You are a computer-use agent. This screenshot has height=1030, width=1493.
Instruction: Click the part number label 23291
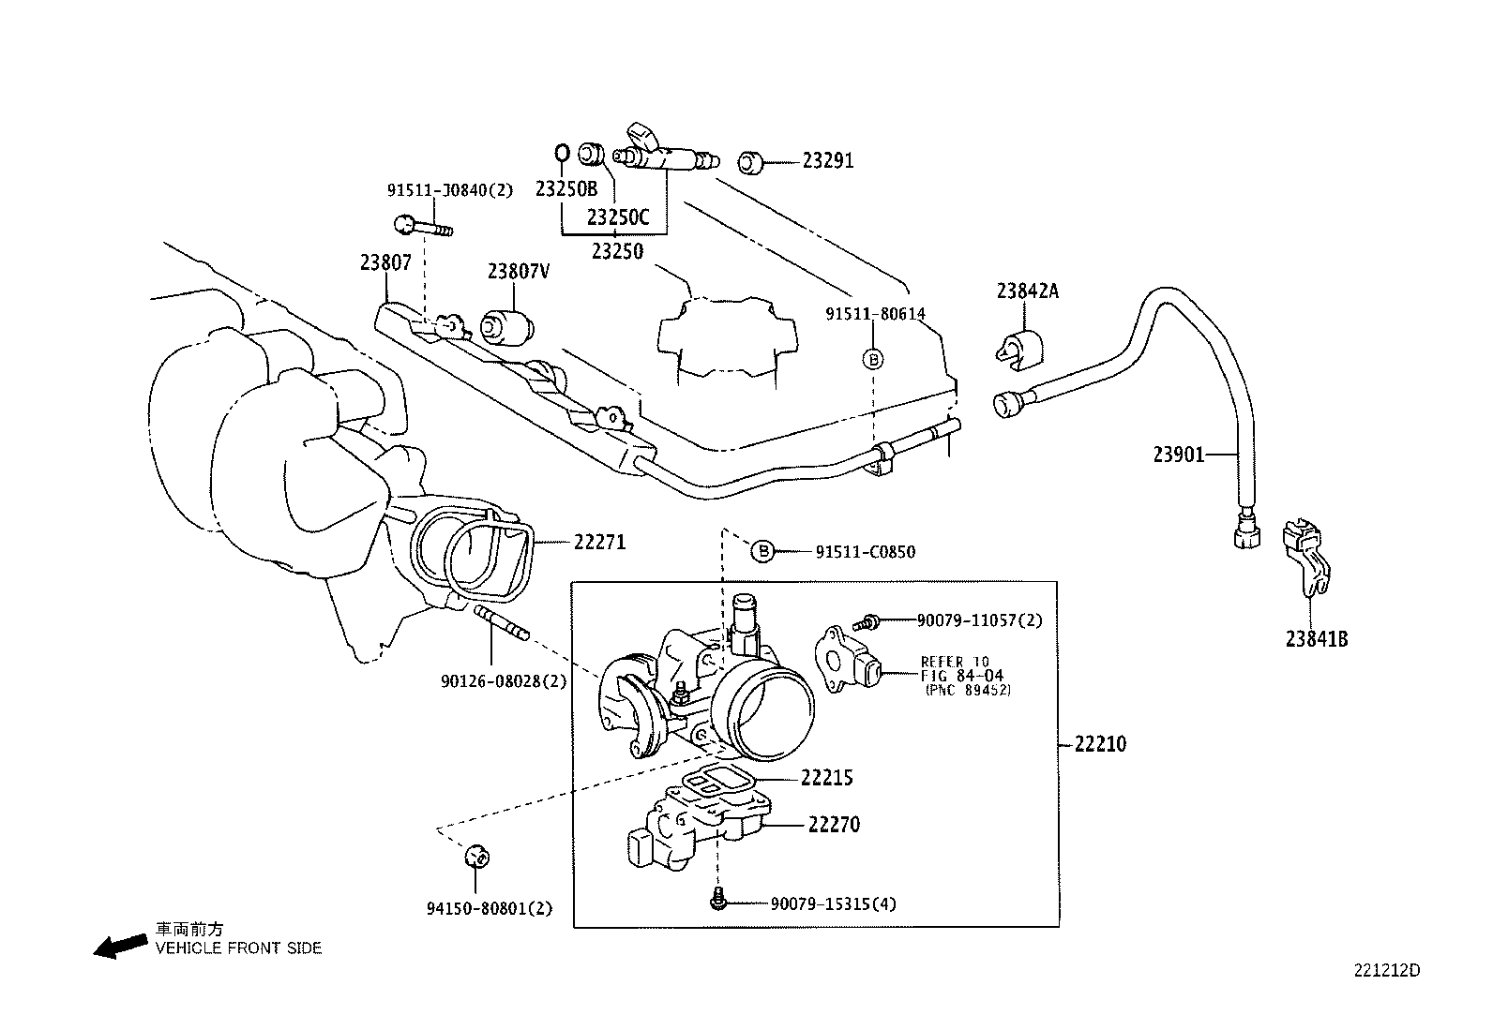point(827,160)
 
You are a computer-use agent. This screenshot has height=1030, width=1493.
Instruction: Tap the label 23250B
point(566,189)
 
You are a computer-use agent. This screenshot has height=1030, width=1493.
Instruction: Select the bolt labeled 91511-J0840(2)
point(423,226)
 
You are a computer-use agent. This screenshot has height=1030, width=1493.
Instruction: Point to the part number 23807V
point(519,271)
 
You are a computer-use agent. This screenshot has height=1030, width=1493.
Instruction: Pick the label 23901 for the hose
point(1179,455)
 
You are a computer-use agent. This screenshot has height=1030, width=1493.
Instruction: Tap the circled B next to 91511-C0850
point(763,551)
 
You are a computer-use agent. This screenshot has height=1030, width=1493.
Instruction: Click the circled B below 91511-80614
point(873,360)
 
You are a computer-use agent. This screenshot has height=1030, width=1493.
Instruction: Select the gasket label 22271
point(600,543)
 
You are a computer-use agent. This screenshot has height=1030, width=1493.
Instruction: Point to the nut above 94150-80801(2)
point(477,856)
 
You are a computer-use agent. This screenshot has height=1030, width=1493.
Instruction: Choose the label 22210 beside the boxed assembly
point(1100,743)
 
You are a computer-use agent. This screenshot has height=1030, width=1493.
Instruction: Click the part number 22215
point(826,778)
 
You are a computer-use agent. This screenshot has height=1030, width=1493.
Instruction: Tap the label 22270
point(834,825)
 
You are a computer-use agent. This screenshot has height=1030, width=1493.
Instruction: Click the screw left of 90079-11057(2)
point(867,622)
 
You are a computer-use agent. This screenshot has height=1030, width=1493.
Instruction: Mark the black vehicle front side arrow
point(121,946)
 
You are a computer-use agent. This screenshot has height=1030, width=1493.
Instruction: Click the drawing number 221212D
point(1387,971)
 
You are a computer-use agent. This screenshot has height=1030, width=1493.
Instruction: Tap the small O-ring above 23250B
point(562,153)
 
